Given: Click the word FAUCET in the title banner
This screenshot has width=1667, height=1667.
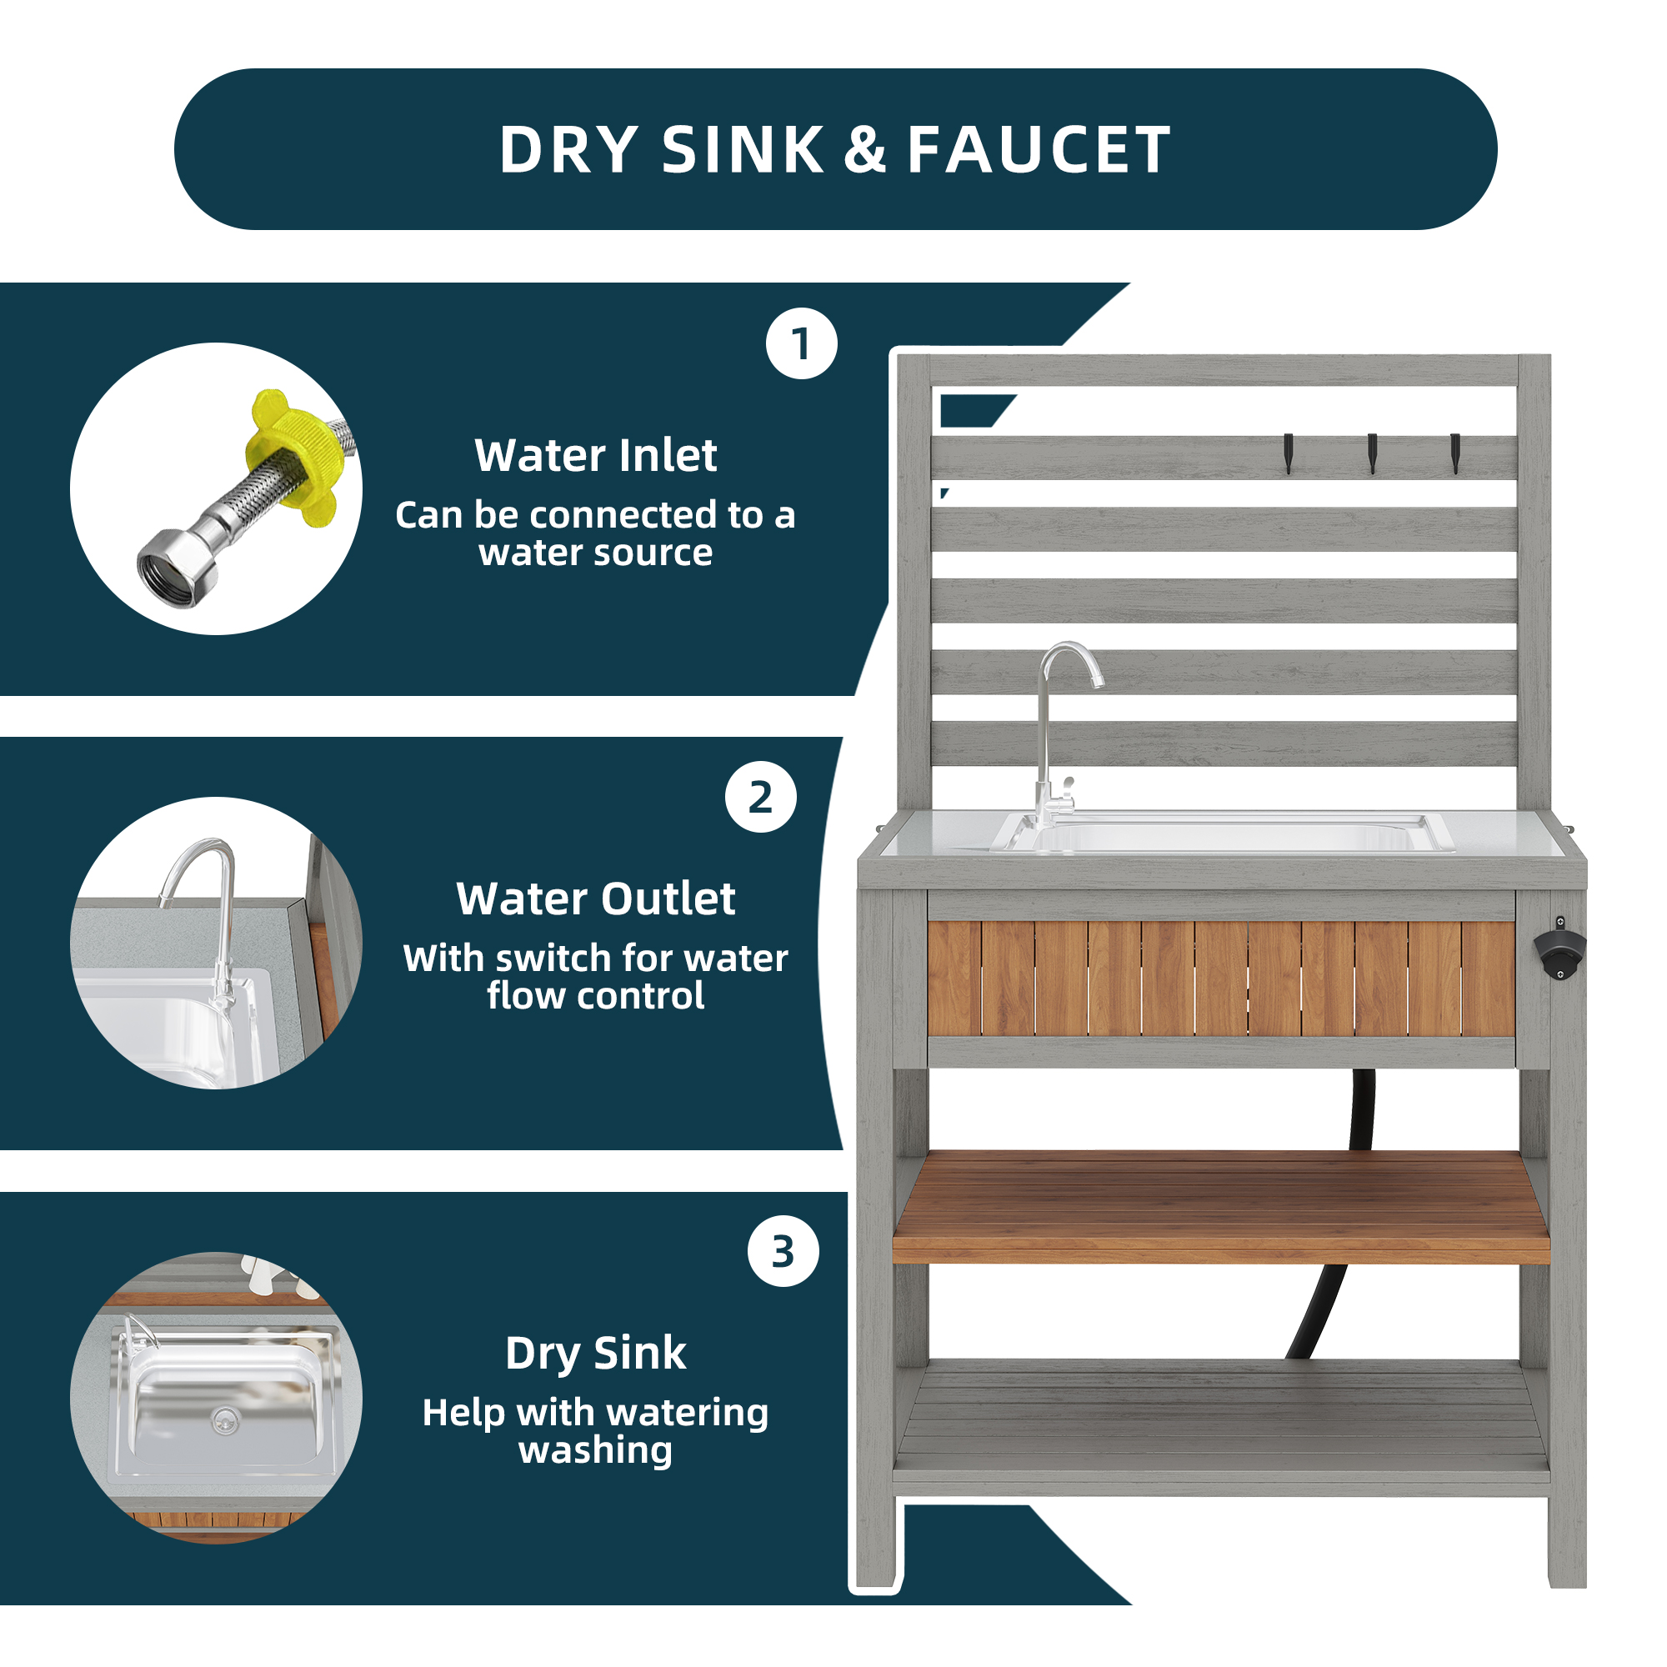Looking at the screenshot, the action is (x=1039, y=150).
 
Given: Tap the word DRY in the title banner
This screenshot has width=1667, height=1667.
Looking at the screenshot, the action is (x=569, y=150).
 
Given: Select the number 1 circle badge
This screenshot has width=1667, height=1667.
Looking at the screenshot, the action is (x=802, y=343).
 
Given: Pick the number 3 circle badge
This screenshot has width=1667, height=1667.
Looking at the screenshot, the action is (x=783, y=1251).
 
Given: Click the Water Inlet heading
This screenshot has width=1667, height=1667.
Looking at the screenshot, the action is (x=595, y=455).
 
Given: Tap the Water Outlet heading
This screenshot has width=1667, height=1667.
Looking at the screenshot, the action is (x=595, y=899).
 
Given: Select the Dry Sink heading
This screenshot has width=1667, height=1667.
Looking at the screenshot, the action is (x=595, y=1352).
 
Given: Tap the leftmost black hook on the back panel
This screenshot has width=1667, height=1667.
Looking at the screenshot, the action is (x=1289, y=453).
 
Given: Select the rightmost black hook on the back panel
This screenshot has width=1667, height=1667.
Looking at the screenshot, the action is (x=1454, y=453).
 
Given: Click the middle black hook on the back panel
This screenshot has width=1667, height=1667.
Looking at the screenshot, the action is (x=1372, y=453).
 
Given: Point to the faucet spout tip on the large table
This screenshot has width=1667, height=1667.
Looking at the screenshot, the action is (x=1098, y=683).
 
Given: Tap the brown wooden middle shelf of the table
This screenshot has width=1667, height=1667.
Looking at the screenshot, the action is (x=1221, y=1208).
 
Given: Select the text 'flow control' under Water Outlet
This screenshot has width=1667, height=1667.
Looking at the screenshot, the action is (x=595, y=996).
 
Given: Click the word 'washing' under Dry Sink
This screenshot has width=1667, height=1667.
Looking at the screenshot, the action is (x=595, y=1450).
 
